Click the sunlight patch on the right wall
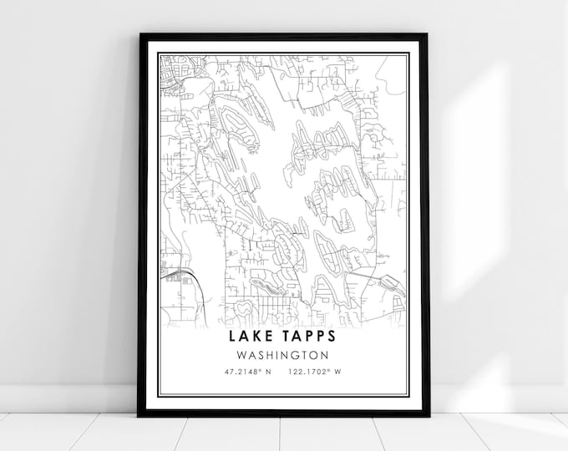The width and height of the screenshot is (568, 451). click(x=501, y=167)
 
